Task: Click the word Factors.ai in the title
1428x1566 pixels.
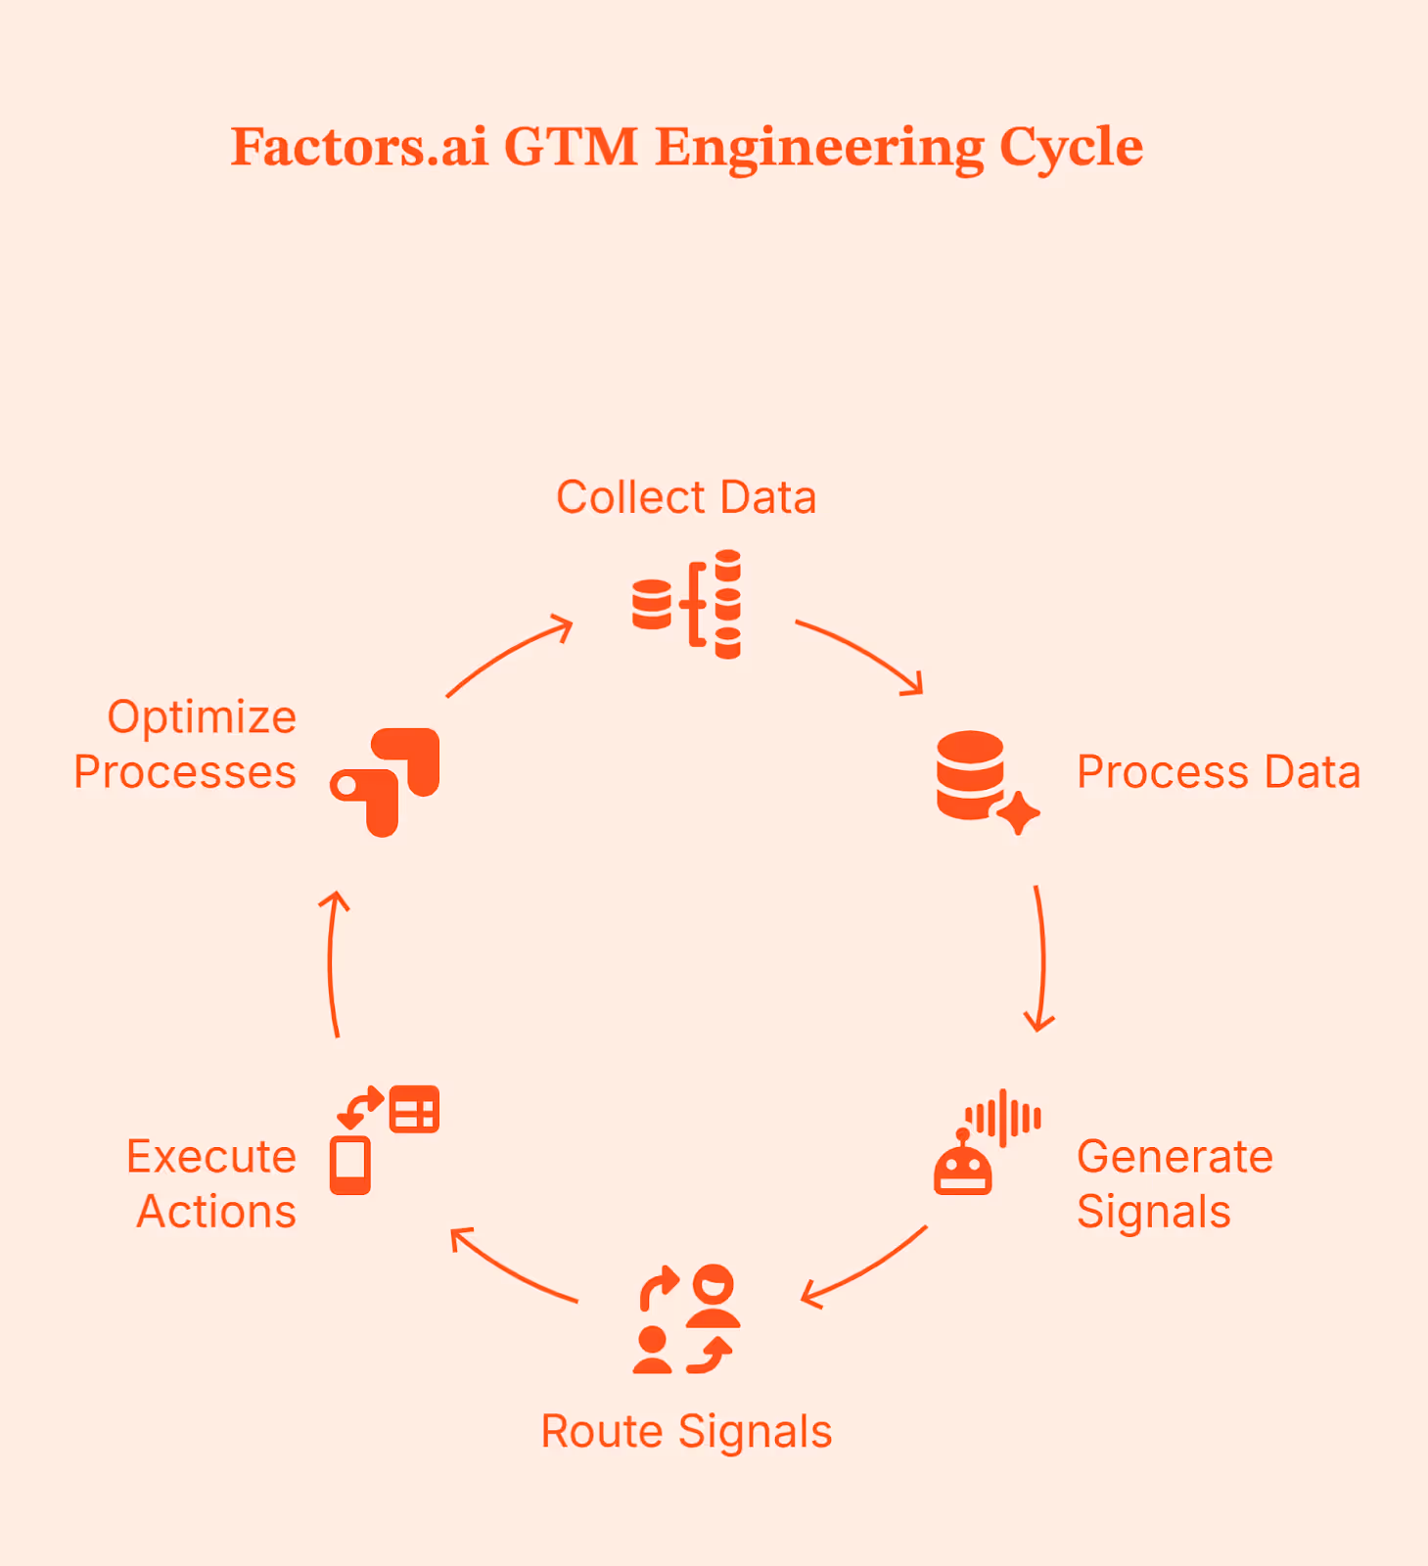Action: coord(358,148)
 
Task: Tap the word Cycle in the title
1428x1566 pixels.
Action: coord(1071,148)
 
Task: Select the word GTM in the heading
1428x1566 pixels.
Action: coord(571,148)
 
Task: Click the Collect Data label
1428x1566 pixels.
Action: coord(686,497)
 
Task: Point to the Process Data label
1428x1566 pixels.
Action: coord(1219,772)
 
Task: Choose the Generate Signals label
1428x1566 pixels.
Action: coord(1175,1184)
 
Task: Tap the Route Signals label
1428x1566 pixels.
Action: coord(686,1432)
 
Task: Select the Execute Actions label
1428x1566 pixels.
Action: coord(212,1184)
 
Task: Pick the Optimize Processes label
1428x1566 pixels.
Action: coord(186,745)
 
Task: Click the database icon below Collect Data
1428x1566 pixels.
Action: coord(686,604)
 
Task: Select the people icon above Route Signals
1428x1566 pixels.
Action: coord(686,1319)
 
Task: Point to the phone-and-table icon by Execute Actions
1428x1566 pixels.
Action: coord(385,1140)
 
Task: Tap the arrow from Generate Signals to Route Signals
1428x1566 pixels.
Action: coord(863,1268)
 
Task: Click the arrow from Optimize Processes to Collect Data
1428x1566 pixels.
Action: coord(509,654)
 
